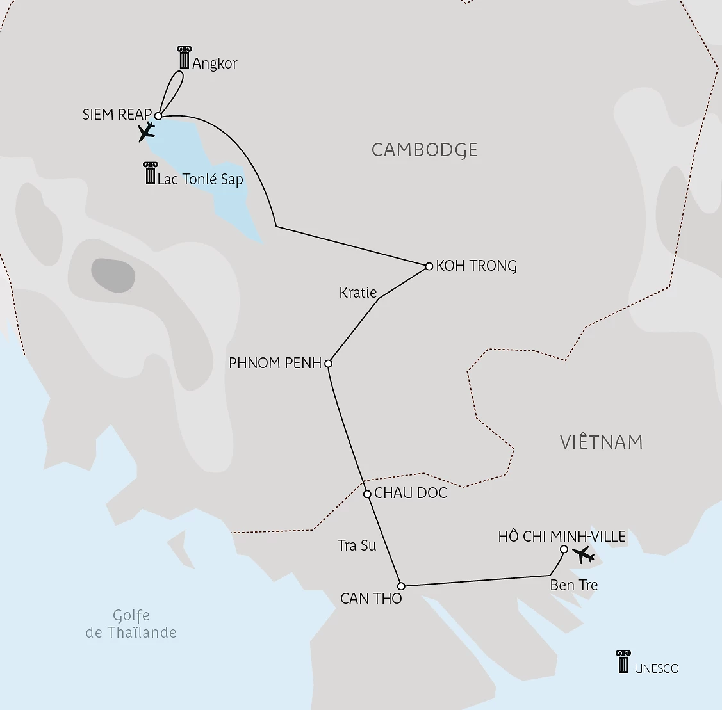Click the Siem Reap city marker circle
click(158, 116)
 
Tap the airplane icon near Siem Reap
click(147, 132)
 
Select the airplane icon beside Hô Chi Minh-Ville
click(584, 554)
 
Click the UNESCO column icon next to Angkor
click(185, 58)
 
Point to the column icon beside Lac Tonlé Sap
click(151, 173)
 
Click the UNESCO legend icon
click(623, 661)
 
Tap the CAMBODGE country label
click(425, 150)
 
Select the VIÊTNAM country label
click(601, 442)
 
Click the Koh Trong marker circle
click(429, 266)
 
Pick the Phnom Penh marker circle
click(329, 364)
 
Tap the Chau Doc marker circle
click(367, 494)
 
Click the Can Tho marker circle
click(401, 586)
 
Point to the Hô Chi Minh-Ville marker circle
click(564, 549)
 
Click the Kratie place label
click(357, 293)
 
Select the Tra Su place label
click(357, 545)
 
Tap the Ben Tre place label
click(573, 585)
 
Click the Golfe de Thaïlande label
click(131, 624)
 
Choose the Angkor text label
click(215, 63)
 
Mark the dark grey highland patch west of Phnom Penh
click(113, 275)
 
